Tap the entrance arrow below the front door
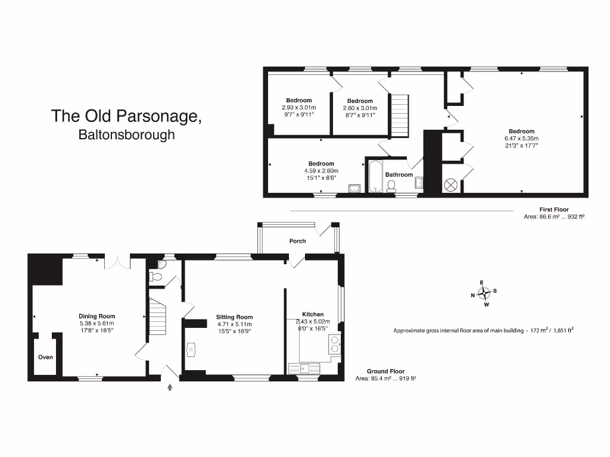pyautogui.click(x=170, y=387)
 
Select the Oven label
pyautogui.click(x=45, y=358)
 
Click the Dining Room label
pyautogui.click(x=97, y=317)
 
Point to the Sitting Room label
pyautogui.click(x=234, y=317)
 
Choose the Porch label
pyautogui.click(x=297, y=241)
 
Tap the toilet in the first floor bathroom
pyautogui.click(x=391, y=186)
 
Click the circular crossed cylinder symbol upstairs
pyautogui.click(x=450, y=185)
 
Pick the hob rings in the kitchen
pyautogui.click(x=335, y=345)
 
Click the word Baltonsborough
pyautogui.click(x=126, y=135)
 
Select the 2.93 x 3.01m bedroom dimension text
pyautogui.click(x=298, y=107)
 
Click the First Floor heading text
pyautogui.click(x=554, y=209)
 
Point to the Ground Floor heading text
pyautogui.click(x=385, y=371)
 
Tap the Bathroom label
pyautogui.click(x=399, y=174)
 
